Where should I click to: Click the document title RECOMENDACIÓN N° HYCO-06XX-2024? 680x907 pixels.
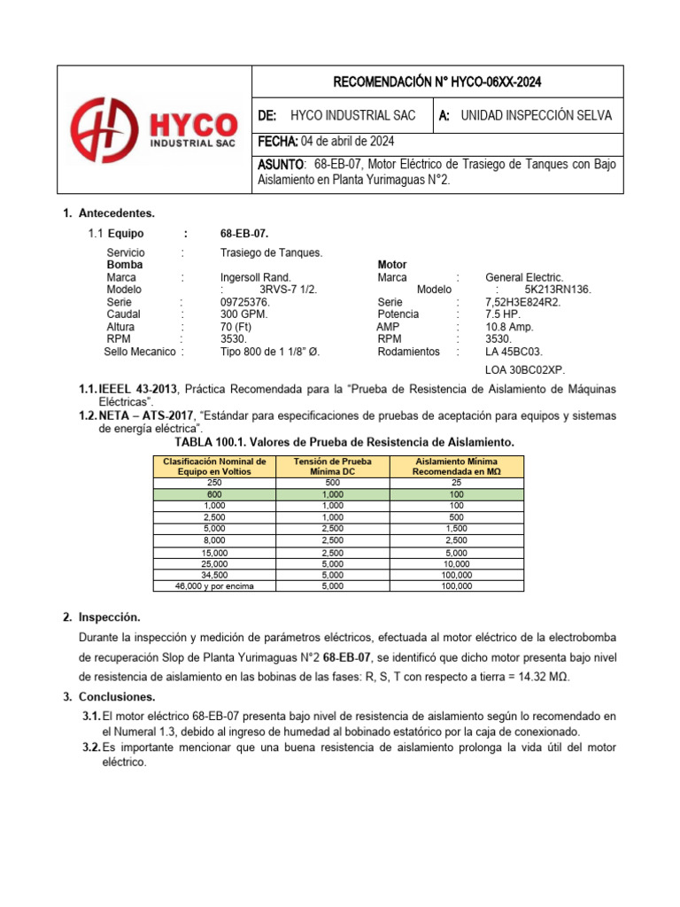[x=437, y=83]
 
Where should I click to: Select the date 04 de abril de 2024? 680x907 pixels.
[x=348, y=142]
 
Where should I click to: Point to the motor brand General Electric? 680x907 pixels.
[x=524, y=277]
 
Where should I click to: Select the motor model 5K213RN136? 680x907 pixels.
[x=558, y=290]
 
